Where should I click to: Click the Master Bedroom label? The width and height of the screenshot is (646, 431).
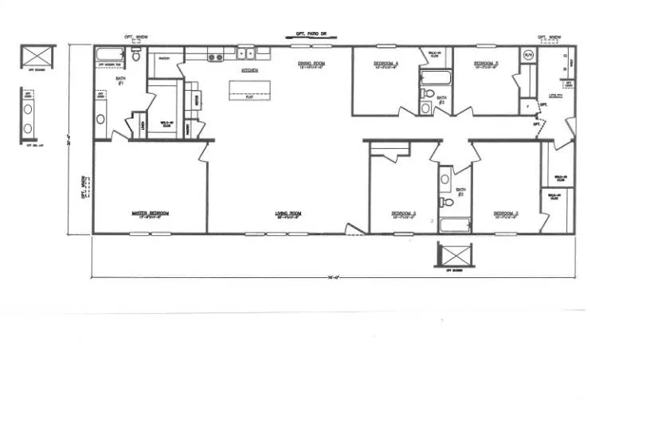pos(150,214)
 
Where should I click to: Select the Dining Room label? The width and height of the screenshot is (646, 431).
pos(312,64)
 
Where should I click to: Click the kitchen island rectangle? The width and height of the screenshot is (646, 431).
pos(250,91)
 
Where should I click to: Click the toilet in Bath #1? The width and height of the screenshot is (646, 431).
pos(137,57)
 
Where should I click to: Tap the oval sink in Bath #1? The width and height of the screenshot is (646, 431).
pos(101,120)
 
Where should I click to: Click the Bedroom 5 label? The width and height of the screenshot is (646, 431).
pos(485,64)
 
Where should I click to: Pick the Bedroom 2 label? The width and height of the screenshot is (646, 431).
pos(404,214)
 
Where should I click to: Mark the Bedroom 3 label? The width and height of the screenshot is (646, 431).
pos(505,214)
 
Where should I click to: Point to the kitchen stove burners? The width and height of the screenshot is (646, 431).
pos(214,57)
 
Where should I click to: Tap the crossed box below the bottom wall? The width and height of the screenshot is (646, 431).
pos(455,256)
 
